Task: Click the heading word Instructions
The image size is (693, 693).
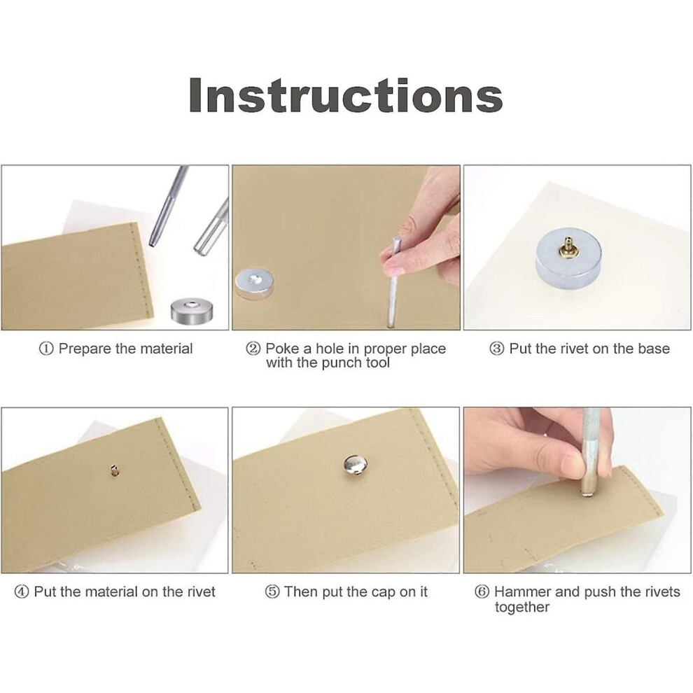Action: (x=346, y=96)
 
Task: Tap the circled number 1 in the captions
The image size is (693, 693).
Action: (x=46, y=349)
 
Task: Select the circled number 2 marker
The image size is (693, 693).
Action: (x=253, y=349)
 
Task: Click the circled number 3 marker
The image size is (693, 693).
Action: (x=497, y=349)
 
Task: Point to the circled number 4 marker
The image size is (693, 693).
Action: (x=22, y=591)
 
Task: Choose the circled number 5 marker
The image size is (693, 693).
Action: (x=272, y=591)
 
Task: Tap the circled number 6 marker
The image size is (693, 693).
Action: (x=482, y=591)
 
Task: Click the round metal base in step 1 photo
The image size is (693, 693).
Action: (x=192, y=310)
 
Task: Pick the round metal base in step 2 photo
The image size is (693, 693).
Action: (x=254, y=283)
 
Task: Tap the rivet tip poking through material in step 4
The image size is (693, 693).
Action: (x=115, y=470)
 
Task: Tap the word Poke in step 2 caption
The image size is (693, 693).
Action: (x=282, y=349)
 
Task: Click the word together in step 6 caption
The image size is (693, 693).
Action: (x=522, y=608)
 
